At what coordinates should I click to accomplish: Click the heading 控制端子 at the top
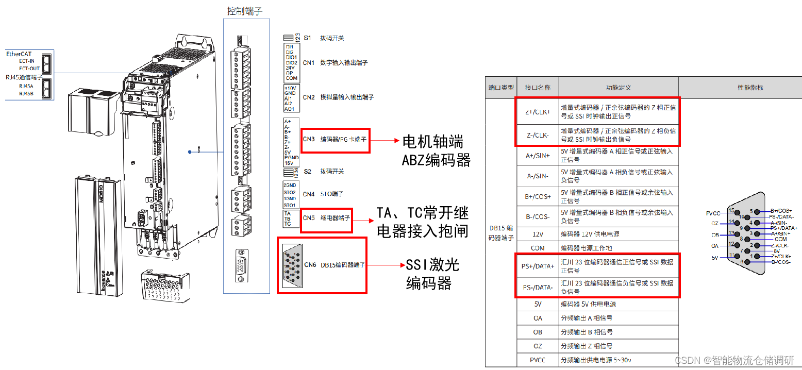pos(246,11)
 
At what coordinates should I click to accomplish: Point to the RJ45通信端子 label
pos(24,77)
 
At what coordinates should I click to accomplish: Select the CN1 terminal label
pos(309,63)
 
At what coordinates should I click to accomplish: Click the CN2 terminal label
pos(309,97)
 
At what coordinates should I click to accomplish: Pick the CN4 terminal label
pos(309,194)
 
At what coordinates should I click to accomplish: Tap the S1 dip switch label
pos(308,38)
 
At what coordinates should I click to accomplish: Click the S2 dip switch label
pos(308,171)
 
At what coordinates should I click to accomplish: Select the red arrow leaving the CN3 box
pos(385,140)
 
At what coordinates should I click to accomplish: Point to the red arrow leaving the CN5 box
pos(363,221)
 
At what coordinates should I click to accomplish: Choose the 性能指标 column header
pos(740,88)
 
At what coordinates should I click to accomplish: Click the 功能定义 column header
pos(618,88)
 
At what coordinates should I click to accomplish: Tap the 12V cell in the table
pos(538,234)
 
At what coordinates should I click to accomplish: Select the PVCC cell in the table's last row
pos(538,360)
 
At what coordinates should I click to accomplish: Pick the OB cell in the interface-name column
pos(538,332)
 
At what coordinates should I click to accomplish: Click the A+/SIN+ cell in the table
pos(538,156)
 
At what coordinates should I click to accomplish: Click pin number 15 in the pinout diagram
pos(731,210)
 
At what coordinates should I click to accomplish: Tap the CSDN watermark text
pos(734,360)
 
